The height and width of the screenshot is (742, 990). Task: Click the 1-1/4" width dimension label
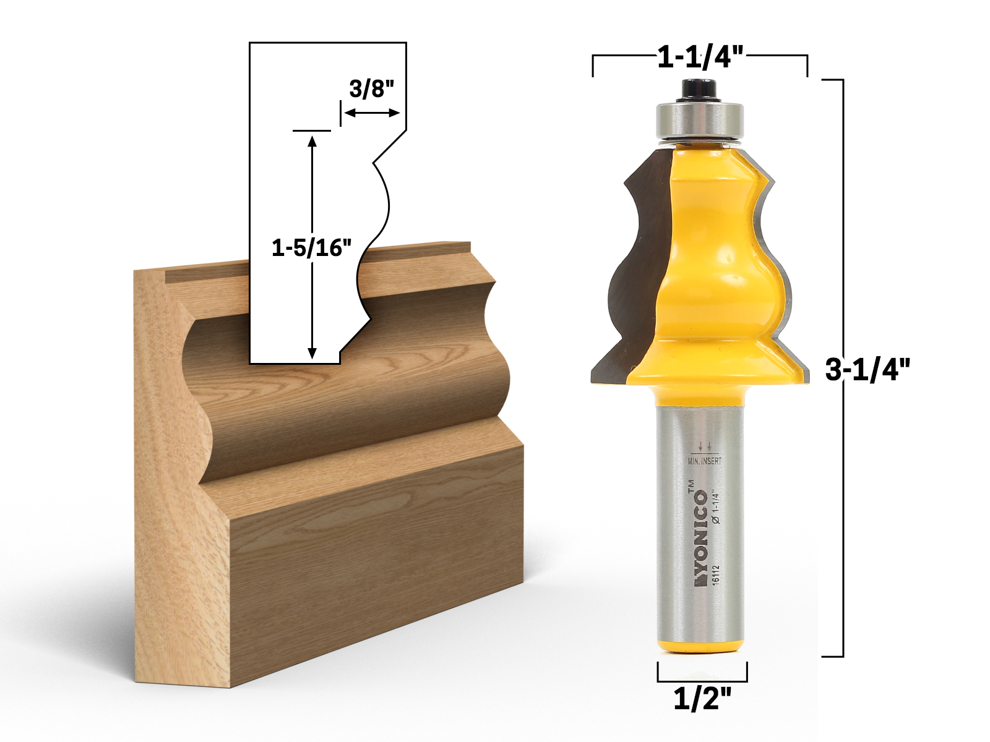700,58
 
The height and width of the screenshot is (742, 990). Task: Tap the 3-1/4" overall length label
867,370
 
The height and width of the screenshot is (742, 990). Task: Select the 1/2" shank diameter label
702,699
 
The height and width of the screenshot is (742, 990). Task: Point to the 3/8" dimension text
371,89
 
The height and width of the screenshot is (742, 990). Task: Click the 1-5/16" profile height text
311,248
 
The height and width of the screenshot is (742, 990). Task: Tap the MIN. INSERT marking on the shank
704,461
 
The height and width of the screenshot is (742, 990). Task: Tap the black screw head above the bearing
699,89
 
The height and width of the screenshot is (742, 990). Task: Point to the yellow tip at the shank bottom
701,646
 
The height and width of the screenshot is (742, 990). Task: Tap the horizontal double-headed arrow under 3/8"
371,113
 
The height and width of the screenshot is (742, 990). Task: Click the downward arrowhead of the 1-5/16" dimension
312,352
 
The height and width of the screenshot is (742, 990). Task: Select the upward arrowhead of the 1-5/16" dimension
312,141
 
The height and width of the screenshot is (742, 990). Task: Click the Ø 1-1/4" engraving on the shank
716,507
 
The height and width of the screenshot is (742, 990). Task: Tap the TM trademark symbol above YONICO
691,486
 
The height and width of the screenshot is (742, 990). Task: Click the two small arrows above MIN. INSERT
704,445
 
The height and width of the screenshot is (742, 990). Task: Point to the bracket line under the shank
702,680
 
